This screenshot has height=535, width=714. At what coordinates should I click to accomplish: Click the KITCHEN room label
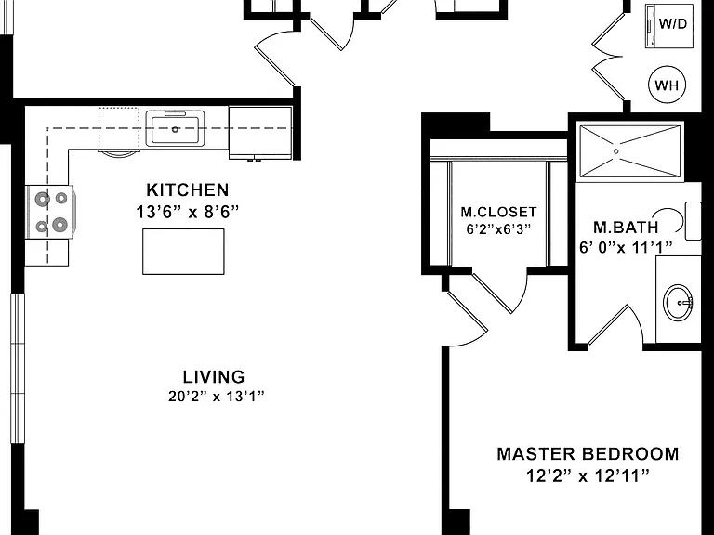click(187, 190)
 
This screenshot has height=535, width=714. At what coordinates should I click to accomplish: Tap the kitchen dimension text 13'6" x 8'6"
click(187, 212)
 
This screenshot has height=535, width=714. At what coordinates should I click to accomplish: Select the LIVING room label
click(214, 377)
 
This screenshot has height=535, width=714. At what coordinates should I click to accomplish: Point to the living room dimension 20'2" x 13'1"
click(217, 397)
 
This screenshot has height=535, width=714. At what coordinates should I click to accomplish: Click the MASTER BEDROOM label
click(588, 454)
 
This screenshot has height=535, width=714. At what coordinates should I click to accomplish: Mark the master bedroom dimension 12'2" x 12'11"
click(588, 476)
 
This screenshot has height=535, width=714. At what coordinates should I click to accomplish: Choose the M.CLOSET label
click(498, 212)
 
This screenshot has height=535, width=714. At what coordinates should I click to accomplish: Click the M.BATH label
click(626, 227)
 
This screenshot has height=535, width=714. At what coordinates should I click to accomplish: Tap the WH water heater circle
click(667, 85)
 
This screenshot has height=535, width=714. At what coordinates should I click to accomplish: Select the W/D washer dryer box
click(669, 25)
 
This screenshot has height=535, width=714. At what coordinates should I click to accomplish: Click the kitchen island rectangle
click(183, 252)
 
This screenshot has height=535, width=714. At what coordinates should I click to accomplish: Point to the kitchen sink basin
click(176, 129)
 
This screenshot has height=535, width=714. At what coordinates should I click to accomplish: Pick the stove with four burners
click(50, 212)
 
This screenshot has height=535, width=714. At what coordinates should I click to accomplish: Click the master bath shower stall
click(630, 151)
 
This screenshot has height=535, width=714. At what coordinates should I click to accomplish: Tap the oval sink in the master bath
click(678, 303)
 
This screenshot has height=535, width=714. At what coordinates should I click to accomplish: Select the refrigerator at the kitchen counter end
click(260, 133)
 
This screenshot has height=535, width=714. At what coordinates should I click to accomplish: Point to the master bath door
click(615, 326)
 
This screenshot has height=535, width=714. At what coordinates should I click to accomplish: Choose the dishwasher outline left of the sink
click(119, 130)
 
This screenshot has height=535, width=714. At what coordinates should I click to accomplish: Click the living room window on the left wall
click(18, 368)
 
